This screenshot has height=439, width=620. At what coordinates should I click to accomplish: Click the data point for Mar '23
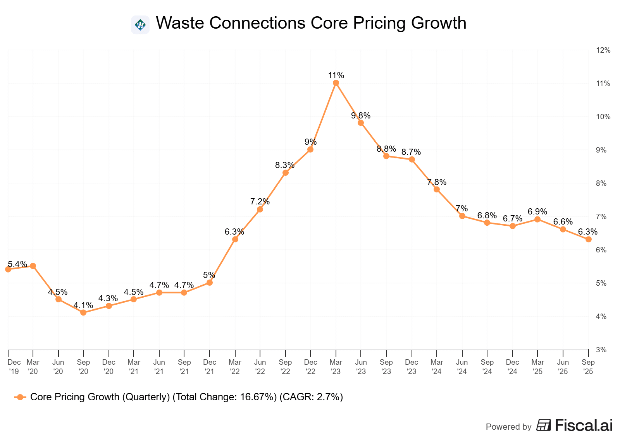click(x=336, y=83)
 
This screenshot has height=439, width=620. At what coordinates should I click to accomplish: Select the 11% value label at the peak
click(x=336, y=75)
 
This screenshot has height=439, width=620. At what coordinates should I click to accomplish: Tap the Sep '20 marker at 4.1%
click(x=83, y=312)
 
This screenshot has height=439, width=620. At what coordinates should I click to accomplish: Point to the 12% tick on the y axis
click(x=603, y=50)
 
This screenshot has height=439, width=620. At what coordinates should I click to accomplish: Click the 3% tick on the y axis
click(x=601, y=350)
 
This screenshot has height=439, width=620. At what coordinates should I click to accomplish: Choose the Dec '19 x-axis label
click(x=14, y=367)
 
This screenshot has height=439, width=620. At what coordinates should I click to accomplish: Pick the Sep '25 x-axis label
click(x=588, y=367)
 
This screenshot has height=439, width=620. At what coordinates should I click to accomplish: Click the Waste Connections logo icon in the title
click(x=140, y=25)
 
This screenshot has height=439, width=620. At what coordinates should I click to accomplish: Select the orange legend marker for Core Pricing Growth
click(x=20, y=397)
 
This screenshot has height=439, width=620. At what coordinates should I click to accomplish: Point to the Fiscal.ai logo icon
click(x=544, y=425)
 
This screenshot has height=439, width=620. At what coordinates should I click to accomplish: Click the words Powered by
click(x=508, y=427)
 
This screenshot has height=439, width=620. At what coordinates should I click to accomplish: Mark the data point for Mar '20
click(x=33, y=266)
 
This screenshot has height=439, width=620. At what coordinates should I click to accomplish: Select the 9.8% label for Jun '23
click(x=361, y=115)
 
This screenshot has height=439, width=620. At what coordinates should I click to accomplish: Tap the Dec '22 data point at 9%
click(x=310, y=149)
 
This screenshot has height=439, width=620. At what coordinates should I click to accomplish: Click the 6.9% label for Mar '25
click(x=537, y=211)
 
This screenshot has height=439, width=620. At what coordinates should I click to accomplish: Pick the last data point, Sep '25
click(x=588, y=239)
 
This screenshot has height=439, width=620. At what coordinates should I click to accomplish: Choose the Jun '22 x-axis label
click(x=260, y=367)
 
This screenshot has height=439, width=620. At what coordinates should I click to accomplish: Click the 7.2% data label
click(x=260, y=201)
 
